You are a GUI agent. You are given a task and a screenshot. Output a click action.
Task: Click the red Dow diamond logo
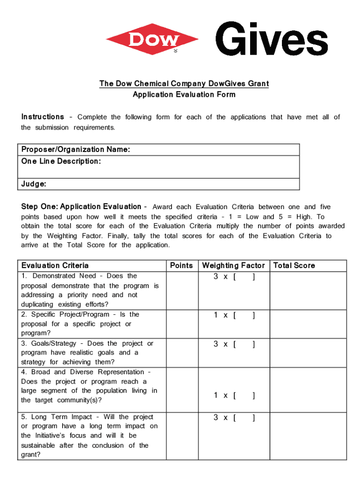(x=152, y=39)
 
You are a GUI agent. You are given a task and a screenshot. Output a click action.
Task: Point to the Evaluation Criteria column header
(x=55, y=266)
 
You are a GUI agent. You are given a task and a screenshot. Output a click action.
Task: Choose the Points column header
(x=181, y=266)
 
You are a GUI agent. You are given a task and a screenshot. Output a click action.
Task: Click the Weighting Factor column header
(x=233, y=266)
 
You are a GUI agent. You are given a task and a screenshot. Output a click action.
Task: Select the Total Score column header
(x=294, y=266)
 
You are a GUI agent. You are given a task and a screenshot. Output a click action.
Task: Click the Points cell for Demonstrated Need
(x=181, y=290)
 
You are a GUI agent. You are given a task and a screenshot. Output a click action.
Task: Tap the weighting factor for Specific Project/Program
(x=234, y=315)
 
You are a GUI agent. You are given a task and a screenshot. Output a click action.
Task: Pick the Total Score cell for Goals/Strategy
(x=308, y=353)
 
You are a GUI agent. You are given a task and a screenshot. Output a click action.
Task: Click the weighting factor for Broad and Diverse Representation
(x=234, y=396)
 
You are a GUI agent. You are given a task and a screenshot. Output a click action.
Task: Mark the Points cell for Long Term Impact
(x=181, y=435)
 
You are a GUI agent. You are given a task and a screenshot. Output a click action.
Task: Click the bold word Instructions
(x=43, y=117)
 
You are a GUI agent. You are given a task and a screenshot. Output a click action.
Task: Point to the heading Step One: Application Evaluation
(x=81, y=207)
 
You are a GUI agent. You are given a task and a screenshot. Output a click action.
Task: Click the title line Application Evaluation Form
(x=184, y=94)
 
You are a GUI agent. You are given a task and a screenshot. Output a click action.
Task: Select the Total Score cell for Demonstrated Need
(x=308, y=290)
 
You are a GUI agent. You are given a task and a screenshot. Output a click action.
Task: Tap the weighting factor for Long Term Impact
(x=234, y=418)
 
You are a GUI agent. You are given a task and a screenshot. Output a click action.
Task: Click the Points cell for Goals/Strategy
(x=181, y=353)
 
